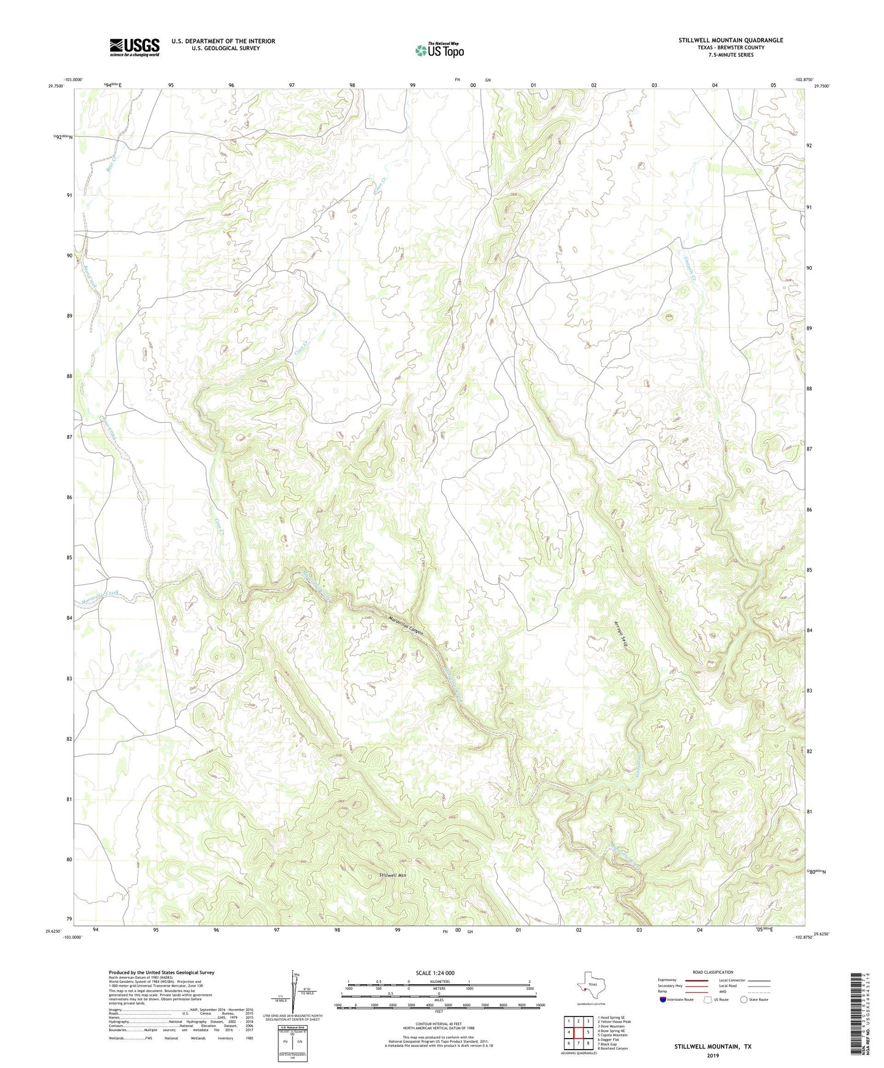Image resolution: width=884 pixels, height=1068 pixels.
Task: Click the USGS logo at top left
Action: [134, 47]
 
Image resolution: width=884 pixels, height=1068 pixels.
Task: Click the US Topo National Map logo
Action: [439, 50]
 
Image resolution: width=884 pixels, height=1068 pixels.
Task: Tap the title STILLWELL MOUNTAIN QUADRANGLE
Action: [730, 40]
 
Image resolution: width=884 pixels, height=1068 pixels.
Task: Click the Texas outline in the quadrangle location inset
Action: [590, 986]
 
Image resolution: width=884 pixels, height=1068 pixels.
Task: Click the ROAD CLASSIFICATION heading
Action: [713, 972]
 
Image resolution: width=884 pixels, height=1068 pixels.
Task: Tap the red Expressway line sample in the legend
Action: [697, 981]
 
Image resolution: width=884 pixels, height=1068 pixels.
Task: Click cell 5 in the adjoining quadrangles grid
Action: [587, 1032]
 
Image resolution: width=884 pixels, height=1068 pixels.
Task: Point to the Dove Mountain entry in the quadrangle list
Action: [611, 1026]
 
